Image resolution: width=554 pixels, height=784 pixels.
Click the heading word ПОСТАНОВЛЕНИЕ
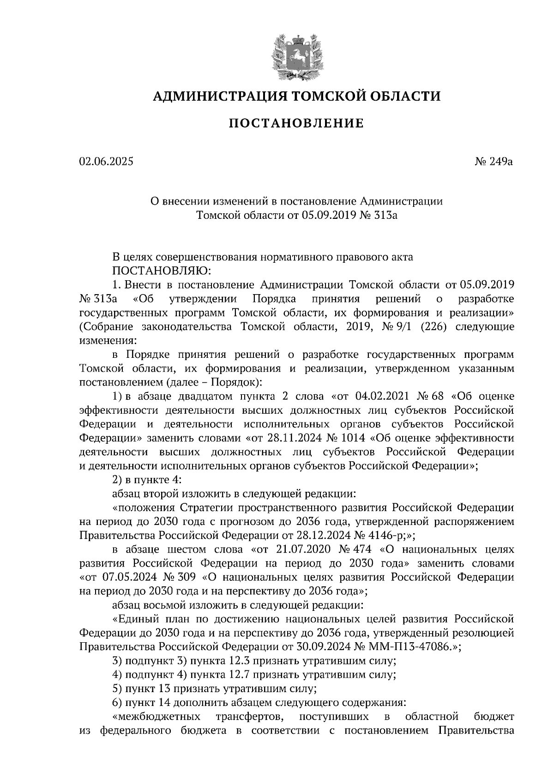click(x=296, y=123)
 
